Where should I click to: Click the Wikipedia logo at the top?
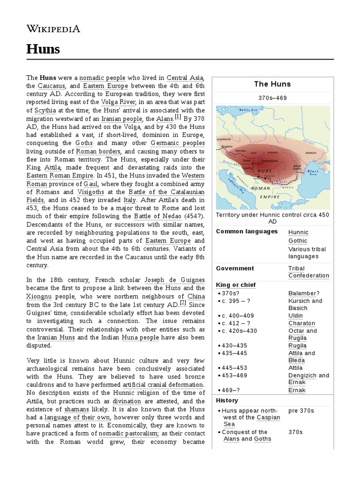coord(53,29)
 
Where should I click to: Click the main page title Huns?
coord(43,49)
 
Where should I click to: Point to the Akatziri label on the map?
coord(311,152)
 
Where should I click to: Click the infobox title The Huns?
coord(272,84)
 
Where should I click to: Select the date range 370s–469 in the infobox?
coord(272,98)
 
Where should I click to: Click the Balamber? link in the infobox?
coord(304,293)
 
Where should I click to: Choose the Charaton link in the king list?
coord(301,323)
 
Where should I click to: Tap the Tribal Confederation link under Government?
coord(308,272)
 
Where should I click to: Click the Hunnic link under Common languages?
coord(299,232)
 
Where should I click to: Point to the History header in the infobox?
coord(227,400)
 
